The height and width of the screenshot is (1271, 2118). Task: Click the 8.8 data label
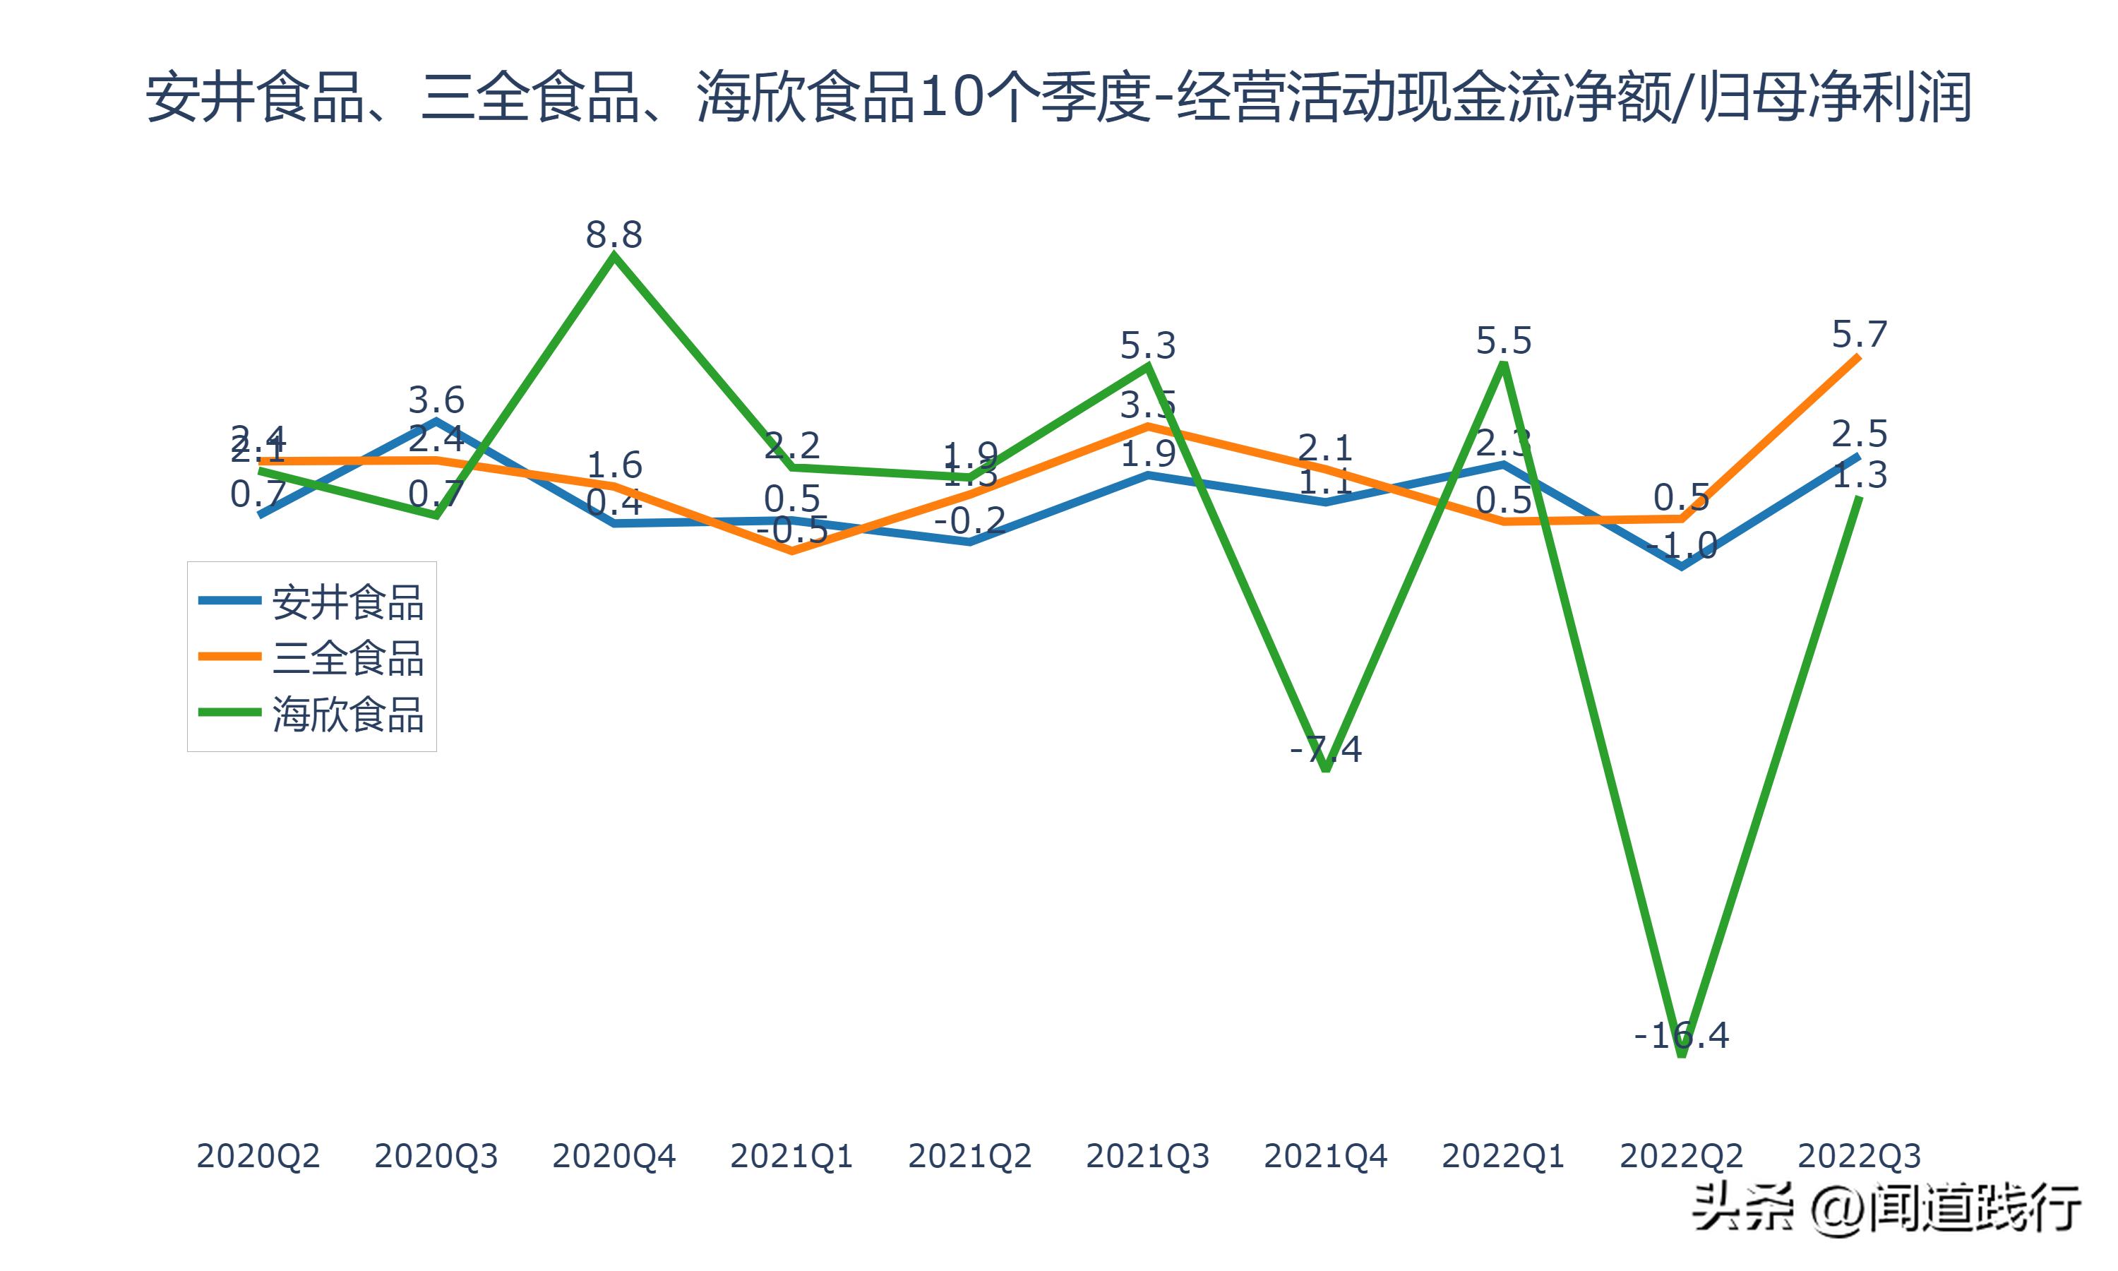[x=613, y=234]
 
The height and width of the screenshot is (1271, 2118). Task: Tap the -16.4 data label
[x=1682, y=1035]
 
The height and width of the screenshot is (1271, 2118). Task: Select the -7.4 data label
[x=1325, y=749]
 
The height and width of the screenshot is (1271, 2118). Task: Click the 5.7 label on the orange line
[x=1859, y=334]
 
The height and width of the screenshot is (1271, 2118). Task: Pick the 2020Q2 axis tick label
[x=258, y=1156]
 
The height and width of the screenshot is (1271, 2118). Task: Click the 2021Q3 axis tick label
[x=1147, y=1156]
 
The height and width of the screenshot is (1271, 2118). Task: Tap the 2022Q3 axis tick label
[x=1859, y=1156]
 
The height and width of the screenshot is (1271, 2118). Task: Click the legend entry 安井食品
[x=347, y=603]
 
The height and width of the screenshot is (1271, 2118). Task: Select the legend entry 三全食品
[x=347, y=659]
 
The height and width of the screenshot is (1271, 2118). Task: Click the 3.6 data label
[x=436, y=400]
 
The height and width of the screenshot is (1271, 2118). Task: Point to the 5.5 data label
[x=1503, y=341]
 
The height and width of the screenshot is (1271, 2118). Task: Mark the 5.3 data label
[x=1147, y=346]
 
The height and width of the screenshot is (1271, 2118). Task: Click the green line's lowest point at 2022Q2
[x=1682, y=1055]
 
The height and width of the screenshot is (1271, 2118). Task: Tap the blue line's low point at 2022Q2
[x=1682, y=566]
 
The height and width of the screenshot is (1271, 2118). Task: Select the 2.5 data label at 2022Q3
[x=1859, y=434]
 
